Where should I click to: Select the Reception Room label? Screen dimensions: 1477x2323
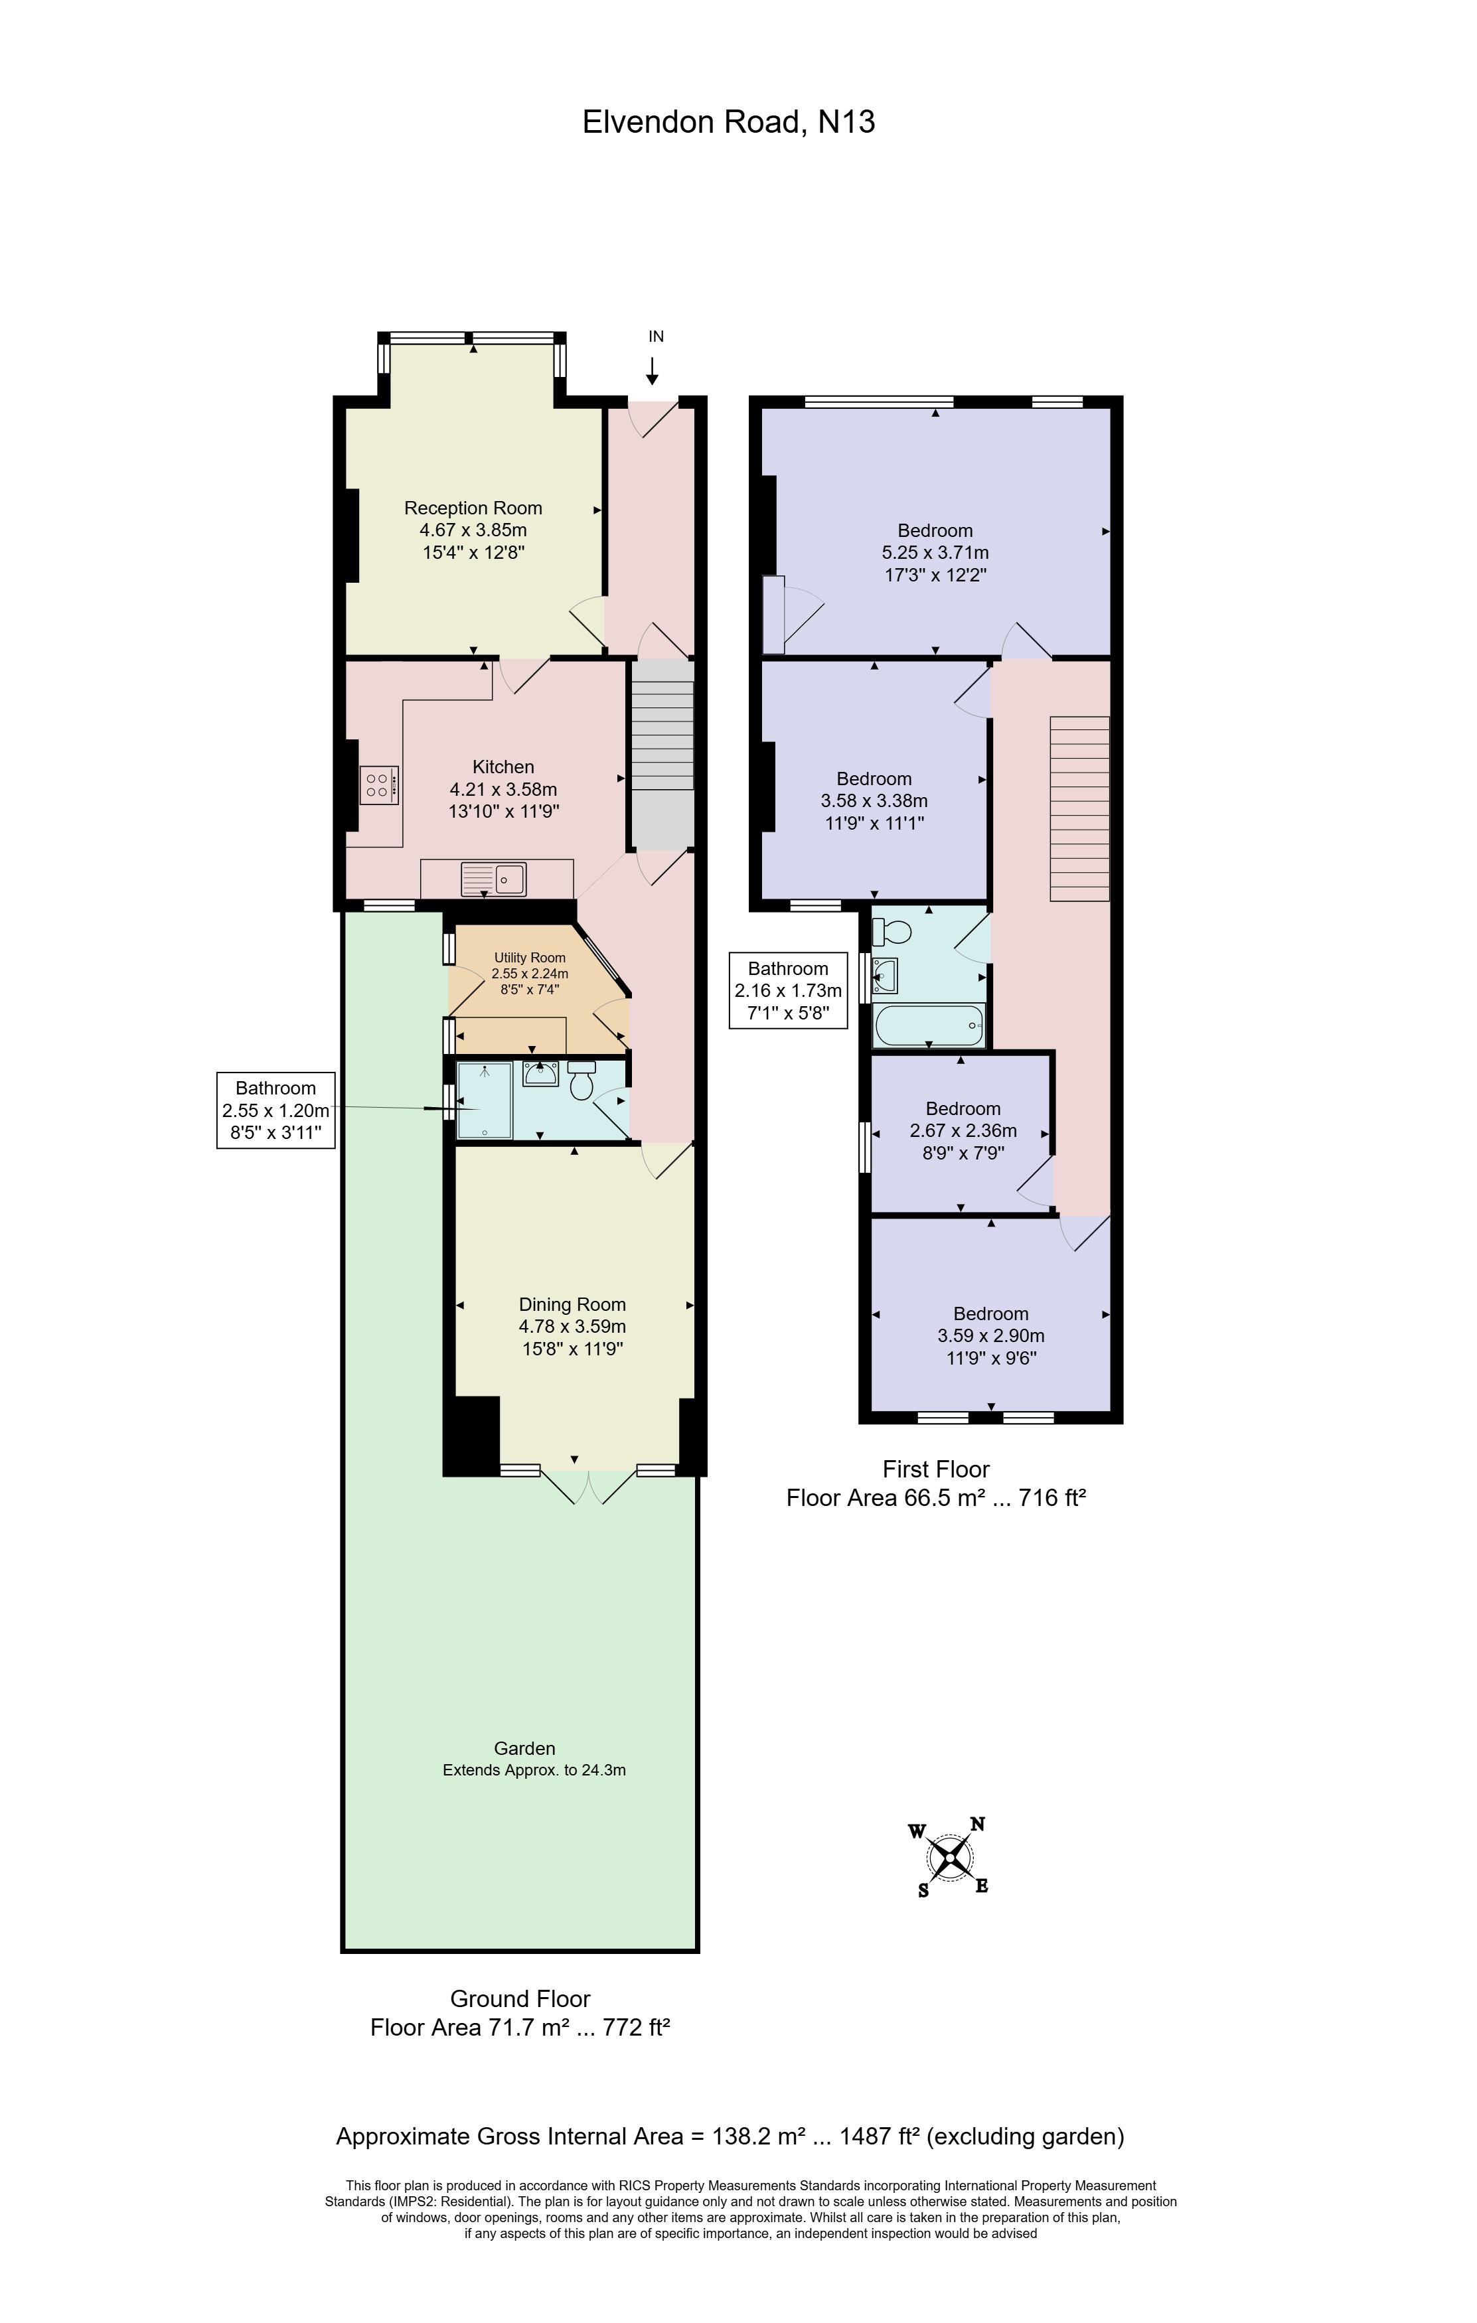pos(473,508)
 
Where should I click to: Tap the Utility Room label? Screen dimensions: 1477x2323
pos(530,958)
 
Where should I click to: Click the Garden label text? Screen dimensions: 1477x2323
pos(524,1748)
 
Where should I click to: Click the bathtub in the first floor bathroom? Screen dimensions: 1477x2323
pos(928,1025)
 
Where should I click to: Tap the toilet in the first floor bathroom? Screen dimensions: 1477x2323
pos(892,932)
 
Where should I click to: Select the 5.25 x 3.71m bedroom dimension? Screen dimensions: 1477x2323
pos(935,553)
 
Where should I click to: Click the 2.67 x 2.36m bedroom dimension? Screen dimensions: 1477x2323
pos(963,1130)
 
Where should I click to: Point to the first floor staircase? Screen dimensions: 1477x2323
pos(1079,808)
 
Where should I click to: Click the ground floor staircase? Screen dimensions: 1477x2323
pos(662,755)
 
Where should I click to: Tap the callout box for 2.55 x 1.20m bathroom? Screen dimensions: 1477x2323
pos(276,1110)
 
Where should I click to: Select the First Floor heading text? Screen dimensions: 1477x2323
pos(936,1469)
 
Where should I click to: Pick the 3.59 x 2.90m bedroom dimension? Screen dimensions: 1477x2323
pos(991,1336)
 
